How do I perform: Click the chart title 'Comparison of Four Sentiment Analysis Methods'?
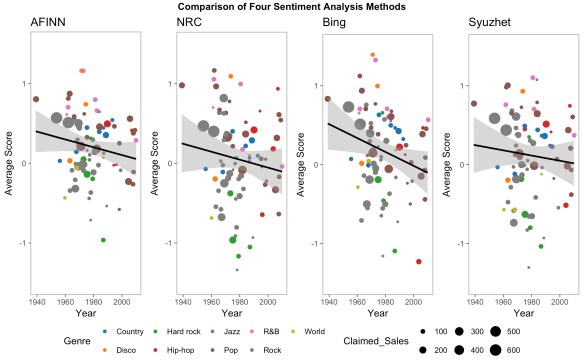pos(292,7)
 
